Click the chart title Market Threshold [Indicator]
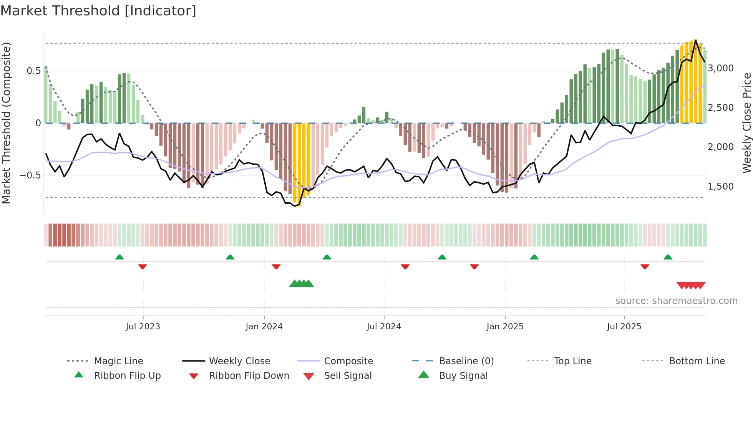[98, 11]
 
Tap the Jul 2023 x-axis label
[143, 327]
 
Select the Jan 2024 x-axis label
[264, 327]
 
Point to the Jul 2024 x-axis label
[384, 327]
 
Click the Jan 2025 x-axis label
[505, 327]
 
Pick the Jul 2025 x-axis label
[624, 327]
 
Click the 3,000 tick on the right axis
[721, 68]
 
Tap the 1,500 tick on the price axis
[721, 187]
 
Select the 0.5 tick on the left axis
[33, 71]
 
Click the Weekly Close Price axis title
[746, 123]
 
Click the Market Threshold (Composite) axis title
[7, 123]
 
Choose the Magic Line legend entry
[118, 361]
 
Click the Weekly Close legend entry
[239, 361]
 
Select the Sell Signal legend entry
[348, 376]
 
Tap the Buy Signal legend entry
[463, 376]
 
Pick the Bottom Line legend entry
[697, 361]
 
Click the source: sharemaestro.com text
[676, 301]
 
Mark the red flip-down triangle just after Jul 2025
[645, 266]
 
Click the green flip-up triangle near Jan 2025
[534, 257]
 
